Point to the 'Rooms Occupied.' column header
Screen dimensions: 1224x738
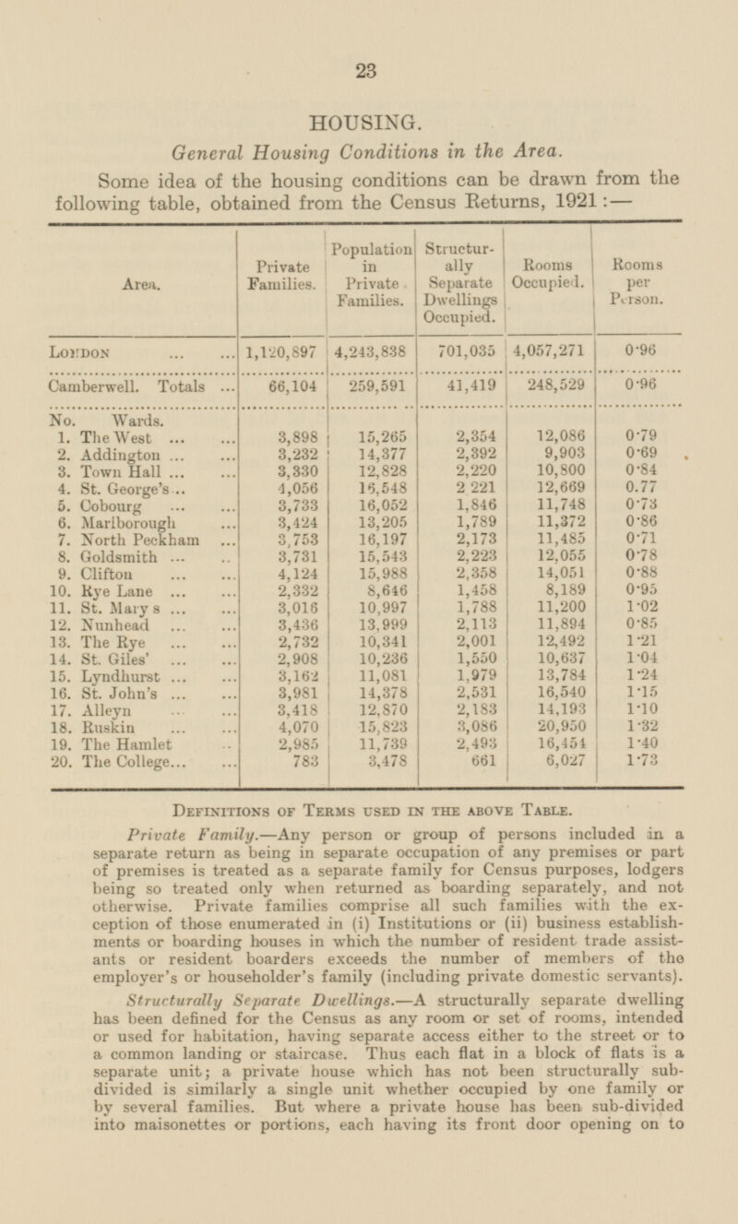pos(548,274)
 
